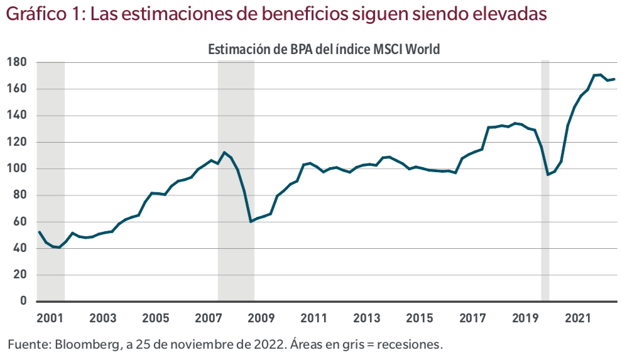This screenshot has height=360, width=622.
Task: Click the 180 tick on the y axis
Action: coord(16,62)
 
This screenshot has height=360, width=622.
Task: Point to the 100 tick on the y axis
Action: coord(16,168)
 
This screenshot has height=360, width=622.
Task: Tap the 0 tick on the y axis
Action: coord(23,301)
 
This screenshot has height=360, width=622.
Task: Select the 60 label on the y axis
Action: coord(19,222)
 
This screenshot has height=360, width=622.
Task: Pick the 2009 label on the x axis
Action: coord(260,317)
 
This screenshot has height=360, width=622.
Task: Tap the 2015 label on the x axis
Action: coord(418,317)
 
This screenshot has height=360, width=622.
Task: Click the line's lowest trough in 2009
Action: coord(251,221)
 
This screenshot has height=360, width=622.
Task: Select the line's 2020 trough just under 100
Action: coord(548,174)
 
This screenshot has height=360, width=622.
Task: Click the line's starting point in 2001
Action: coord(39,232)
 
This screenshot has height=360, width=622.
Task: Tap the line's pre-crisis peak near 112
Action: coord(224,152)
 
